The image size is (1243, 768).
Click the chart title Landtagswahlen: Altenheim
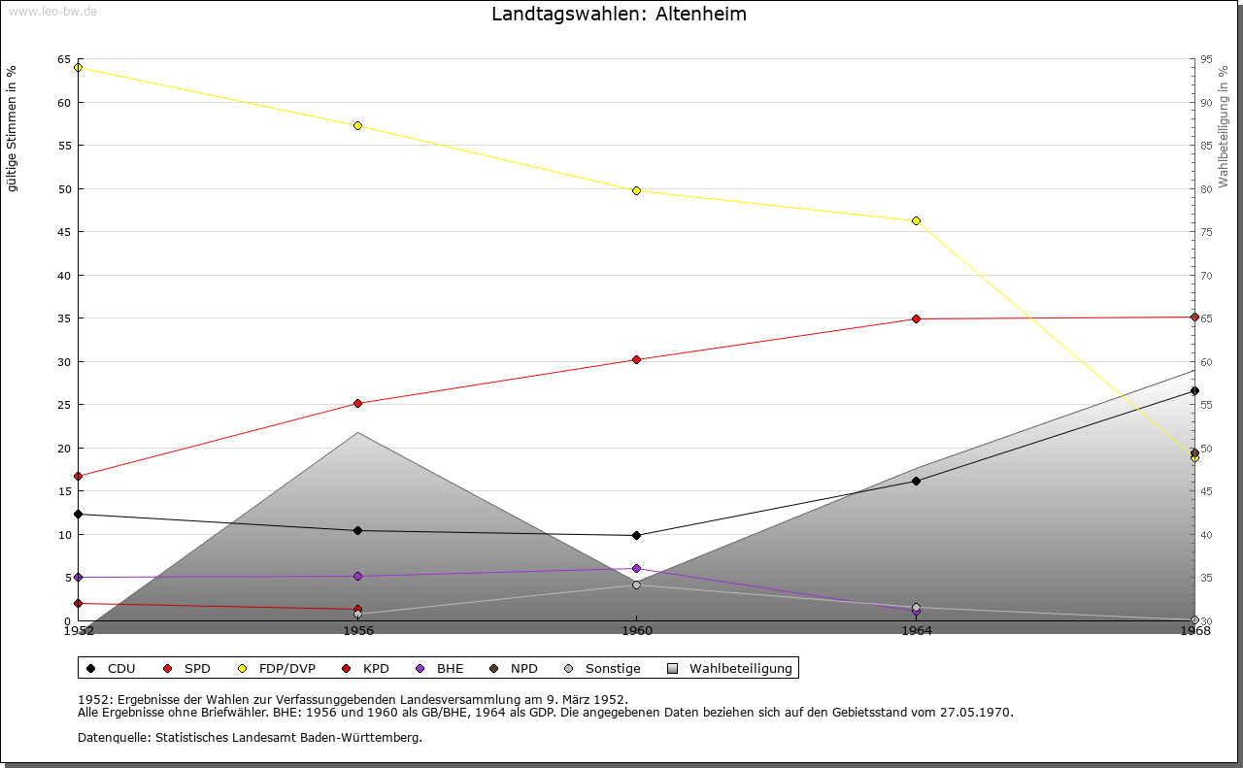[620, 15]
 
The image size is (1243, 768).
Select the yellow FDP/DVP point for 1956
[357, 125]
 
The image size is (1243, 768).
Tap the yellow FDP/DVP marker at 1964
[916, 220]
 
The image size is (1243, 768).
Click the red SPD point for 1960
[636, 359]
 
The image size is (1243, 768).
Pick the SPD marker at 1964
[916, 318]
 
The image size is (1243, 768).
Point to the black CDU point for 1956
[357, 530]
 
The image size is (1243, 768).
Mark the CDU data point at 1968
[1194, 390]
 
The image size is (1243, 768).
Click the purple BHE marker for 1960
[636, 568]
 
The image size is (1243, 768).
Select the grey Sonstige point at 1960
[636, 584]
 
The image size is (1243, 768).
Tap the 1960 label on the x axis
[637, 631]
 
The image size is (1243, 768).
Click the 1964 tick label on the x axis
[916, 631]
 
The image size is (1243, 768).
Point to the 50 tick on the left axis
[64, 189]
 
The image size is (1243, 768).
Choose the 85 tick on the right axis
[1206, 146]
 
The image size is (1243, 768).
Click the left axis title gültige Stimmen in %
[13, 128]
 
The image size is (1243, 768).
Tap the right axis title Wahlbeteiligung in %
[1224, 126]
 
